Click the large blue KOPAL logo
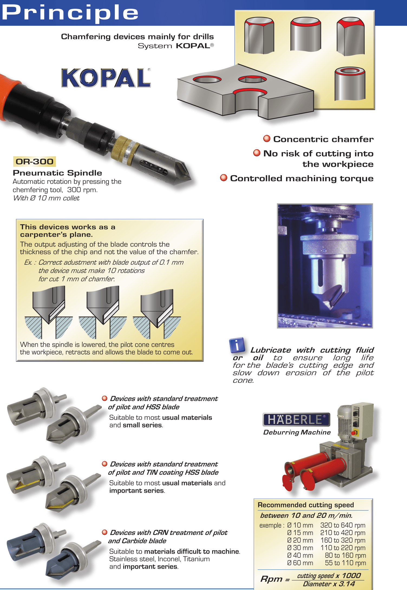(106, 78)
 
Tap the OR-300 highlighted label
(34, 161)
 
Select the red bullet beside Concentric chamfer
(267, 139)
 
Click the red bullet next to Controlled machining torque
(224, 178)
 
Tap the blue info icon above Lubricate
(237, 345)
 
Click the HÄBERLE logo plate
(296, 419)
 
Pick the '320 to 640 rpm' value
(343, 525)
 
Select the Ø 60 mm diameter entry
(300, 563)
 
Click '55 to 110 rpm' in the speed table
(345, 563)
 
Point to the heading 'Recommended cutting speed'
(306, 505)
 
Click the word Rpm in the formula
(272, 579)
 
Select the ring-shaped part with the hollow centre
(350, 84)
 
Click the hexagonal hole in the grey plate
(252, 79)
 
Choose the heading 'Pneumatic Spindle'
(57, 173)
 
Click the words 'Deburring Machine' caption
(297, 432)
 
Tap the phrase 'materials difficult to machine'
(192, 551)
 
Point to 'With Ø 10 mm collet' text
(46, 198)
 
